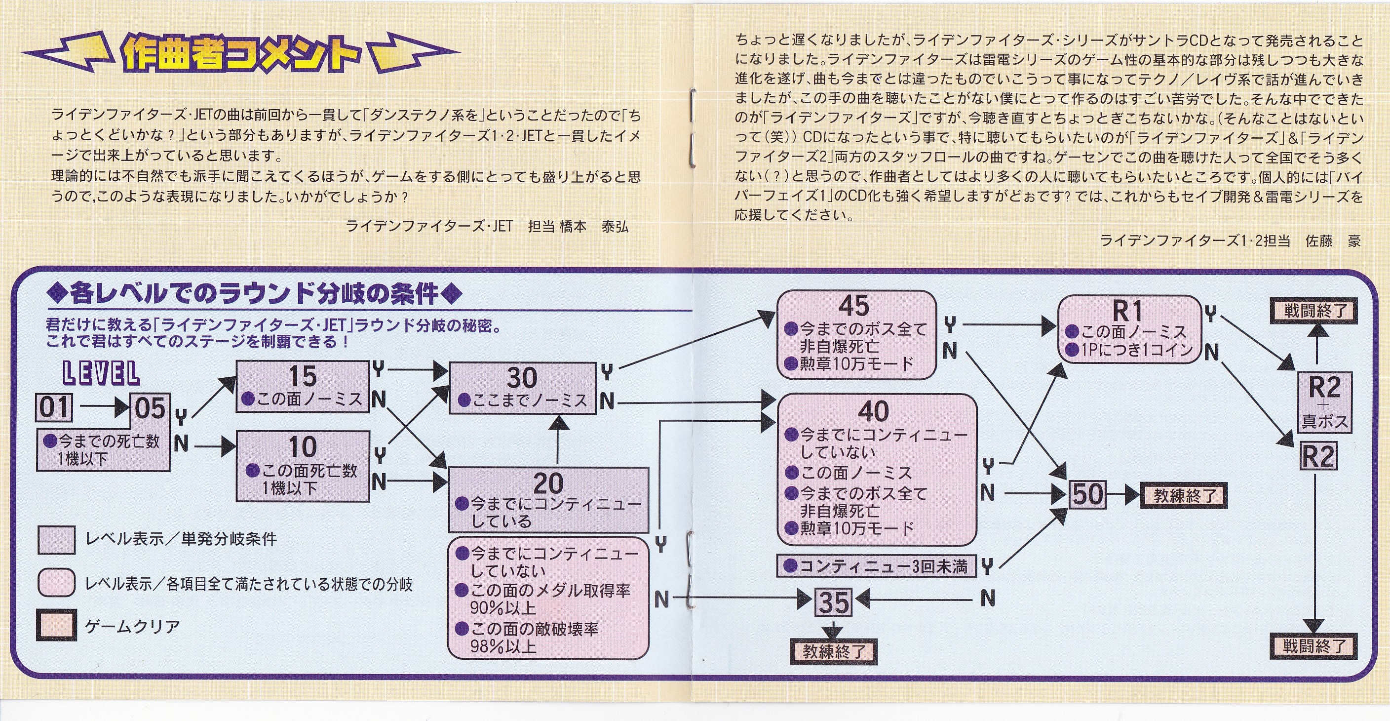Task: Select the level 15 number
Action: point(303,376)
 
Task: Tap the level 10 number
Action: point(303,447)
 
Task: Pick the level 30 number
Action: point(522,378)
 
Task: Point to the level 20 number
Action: point(548,483)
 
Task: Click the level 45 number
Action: point(854,306)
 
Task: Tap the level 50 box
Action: point(1087,494)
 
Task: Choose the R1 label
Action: point(1128,312)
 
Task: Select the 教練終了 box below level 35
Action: point(834,651)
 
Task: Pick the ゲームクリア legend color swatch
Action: point(56,626)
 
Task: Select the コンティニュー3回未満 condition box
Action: point(877,566)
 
